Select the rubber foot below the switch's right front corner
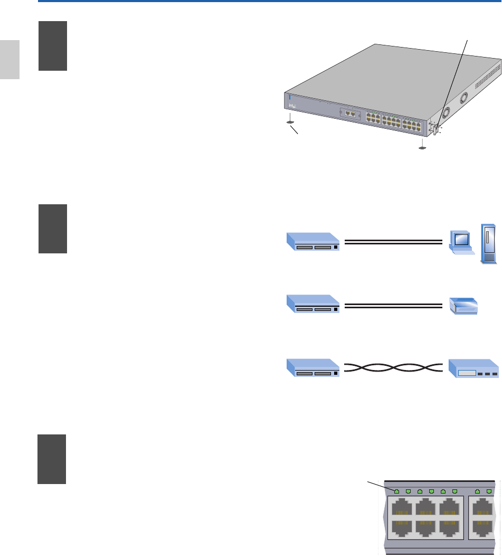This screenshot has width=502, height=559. point(422,147)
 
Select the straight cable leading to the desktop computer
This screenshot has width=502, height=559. point(393,242)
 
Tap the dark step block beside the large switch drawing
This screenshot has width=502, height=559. point(53,46)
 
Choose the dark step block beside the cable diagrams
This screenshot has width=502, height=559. point(53,229)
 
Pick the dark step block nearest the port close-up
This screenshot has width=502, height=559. point(52,459)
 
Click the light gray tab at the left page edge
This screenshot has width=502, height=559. point(10,59)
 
